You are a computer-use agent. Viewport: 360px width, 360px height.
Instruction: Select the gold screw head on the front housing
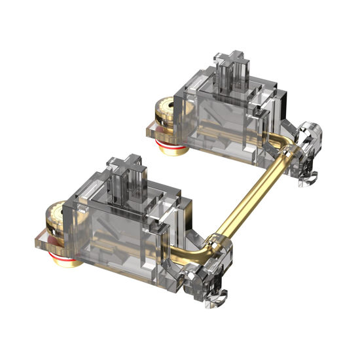point(55,217)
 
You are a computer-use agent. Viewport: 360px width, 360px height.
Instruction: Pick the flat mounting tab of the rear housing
point(153,131)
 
